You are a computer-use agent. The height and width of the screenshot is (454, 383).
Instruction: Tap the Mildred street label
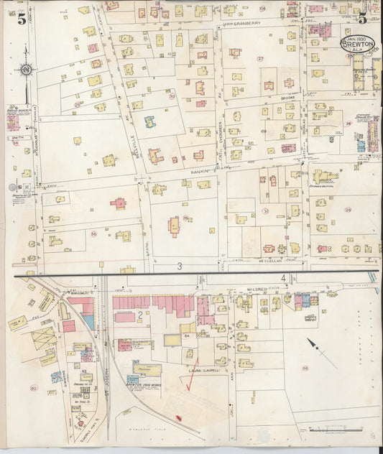pos(257,289)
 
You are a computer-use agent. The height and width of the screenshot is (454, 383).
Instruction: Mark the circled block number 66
pos(305,368)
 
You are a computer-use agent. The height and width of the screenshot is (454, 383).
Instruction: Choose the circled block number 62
pos(33,388)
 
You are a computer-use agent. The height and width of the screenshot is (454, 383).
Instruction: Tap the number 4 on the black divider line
pos(285,277)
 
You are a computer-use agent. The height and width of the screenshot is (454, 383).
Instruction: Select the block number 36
pos(93,233)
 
